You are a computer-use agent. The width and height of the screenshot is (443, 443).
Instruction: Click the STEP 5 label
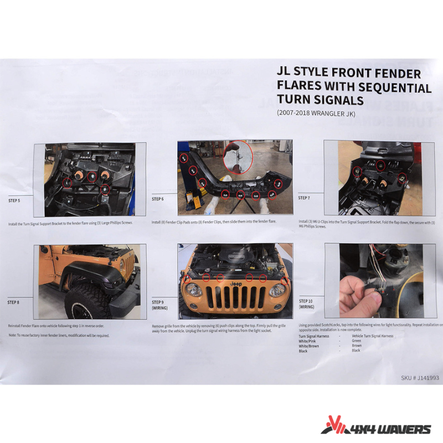click(15, 200)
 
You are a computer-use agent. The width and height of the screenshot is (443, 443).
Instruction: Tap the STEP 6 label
click(158, 198)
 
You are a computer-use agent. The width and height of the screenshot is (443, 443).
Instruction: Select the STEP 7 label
click(304, 198)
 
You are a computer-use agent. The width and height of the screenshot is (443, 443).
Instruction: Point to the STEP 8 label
click(13, 302)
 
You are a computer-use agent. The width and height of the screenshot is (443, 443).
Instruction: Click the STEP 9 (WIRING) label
click(159, 306)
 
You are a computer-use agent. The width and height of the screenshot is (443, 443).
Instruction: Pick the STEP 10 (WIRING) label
click(306, 303)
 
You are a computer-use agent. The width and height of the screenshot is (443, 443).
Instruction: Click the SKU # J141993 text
click(420, 378)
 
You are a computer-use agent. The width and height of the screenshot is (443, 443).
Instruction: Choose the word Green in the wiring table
click(357, 341)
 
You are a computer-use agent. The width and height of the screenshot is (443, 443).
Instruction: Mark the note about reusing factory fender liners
click(59, 336)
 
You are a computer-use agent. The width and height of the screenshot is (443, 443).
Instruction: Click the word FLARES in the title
click(301, 87)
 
